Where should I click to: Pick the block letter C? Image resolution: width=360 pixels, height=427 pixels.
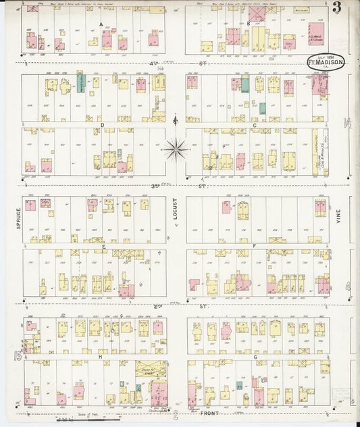point(255,125)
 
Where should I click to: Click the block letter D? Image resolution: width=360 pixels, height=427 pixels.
point(102,125)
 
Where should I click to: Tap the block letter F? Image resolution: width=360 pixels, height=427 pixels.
point(254,246)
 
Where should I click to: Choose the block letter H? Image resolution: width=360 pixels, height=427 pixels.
point(100,356)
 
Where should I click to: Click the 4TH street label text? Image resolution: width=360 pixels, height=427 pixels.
point(160,64)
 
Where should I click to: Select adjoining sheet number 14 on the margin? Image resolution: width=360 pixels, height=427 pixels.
point(348,123)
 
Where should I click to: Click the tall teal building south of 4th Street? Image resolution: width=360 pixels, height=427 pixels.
point(81,84)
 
